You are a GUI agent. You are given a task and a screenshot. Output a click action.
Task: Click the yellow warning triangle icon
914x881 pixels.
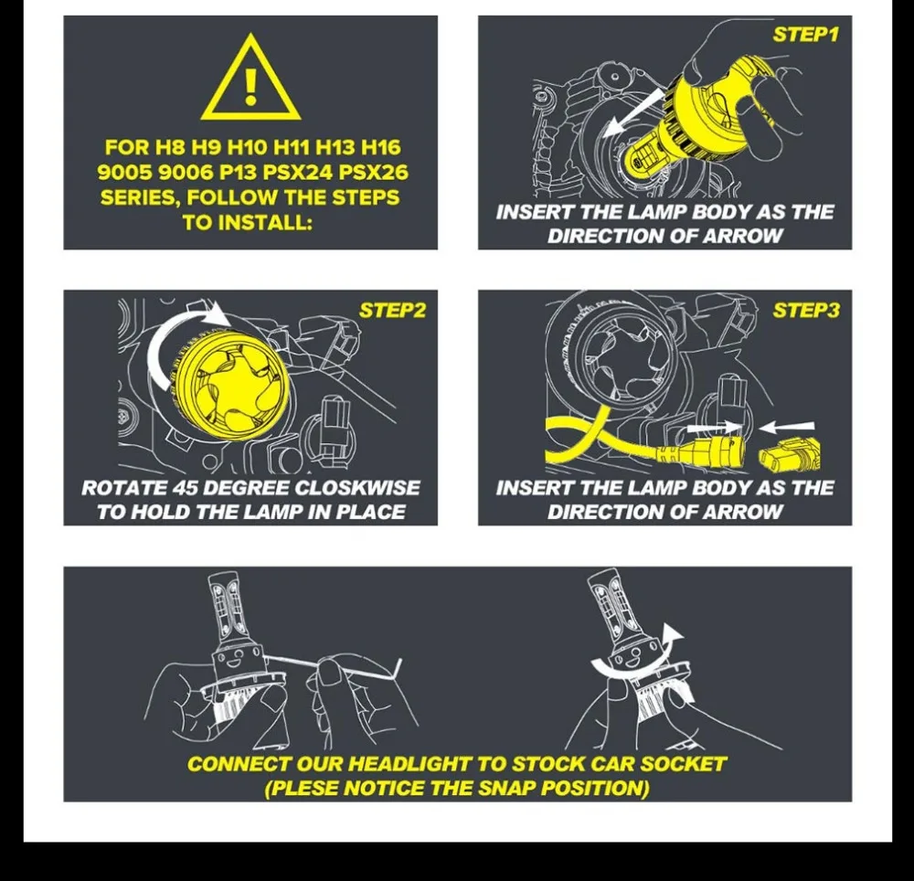250,78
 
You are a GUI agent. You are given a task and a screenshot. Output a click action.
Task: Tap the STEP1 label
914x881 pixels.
805,35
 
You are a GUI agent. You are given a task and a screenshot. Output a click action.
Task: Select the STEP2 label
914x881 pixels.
392,311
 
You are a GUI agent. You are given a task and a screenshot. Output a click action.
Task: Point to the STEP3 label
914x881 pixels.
806,311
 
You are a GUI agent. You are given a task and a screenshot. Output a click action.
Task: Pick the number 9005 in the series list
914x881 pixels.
124,173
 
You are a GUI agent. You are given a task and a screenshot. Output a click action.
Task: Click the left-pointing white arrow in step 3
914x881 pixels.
786,428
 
